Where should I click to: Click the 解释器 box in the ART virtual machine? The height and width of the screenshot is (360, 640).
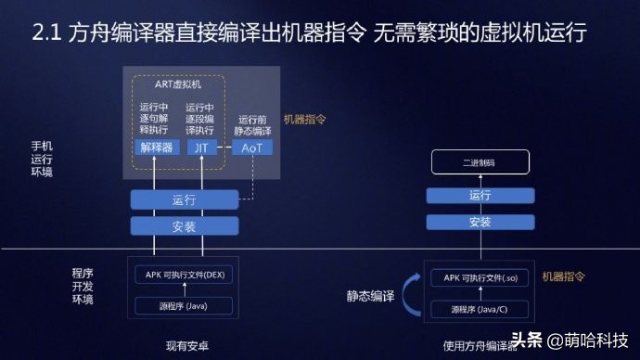click(x=157, y=148)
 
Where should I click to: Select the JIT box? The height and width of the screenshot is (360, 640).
click(x=201, y=148)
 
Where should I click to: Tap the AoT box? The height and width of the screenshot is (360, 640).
click(x=251, y=148)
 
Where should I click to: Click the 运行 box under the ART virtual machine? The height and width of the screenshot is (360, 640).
click(x=184, y=199)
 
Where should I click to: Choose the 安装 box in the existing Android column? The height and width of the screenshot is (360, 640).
click(x=184, y=225)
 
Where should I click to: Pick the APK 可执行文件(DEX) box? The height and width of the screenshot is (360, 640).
click(x=184, y=274)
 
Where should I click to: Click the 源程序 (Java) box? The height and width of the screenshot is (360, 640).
click(x=184, y=305)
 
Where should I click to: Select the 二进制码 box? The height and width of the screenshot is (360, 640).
click(x=480, y=165)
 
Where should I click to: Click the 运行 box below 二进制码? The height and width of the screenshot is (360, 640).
click(x=480, y=195)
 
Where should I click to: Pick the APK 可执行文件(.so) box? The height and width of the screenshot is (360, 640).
click(x=480, y=276)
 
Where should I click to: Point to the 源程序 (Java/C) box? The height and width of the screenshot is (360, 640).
click(x=480, y=308)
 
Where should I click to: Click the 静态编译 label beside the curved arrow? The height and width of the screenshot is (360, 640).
click(x=370, y=296)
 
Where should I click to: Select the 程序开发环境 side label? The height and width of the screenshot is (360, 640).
click(x=83, y=286)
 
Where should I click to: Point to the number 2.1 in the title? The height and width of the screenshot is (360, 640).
click(x=45, y=34)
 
